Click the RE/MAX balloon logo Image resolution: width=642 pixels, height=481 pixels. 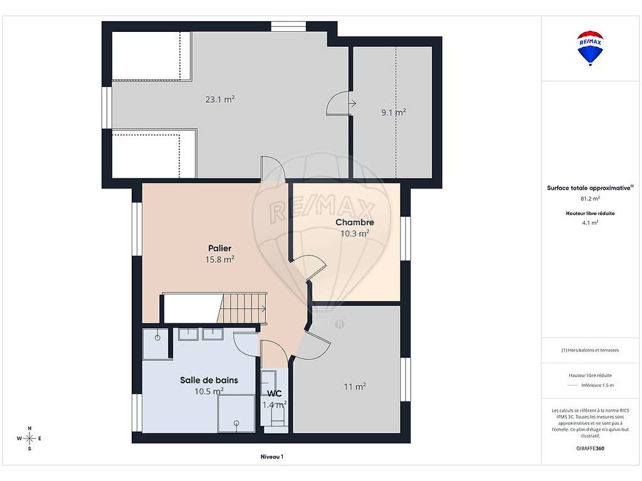pos(590,48)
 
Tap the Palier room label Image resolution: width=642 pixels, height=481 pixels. pos(220,248)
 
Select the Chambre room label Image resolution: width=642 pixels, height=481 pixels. pos(355,222)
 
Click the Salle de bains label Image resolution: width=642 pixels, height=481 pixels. pos(209,380)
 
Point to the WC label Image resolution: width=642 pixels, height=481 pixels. pos(275,393)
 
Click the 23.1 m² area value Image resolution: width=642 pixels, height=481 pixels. pos(220,100)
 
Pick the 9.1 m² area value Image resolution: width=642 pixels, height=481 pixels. pos(394,112)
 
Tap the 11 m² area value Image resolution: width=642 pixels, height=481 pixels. pos(355,386)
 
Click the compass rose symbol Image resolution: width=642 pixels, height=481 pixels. pos(29,438)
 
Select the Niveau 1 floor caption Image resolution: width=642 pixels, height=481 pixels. pos(272,457)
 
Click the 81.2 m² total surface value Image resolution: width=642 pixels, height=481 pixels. pos(590,199)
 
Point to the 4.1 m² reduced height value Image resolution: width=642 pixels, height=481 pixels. pos(590,223)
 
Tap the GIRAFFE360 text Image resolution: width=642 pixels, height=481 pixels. pos(590,448)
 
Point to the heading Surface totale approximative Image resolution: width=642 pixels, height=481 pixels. pos(590,188)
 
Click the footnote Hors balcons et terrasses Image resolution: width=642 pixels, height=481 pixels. pos(590,350)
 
